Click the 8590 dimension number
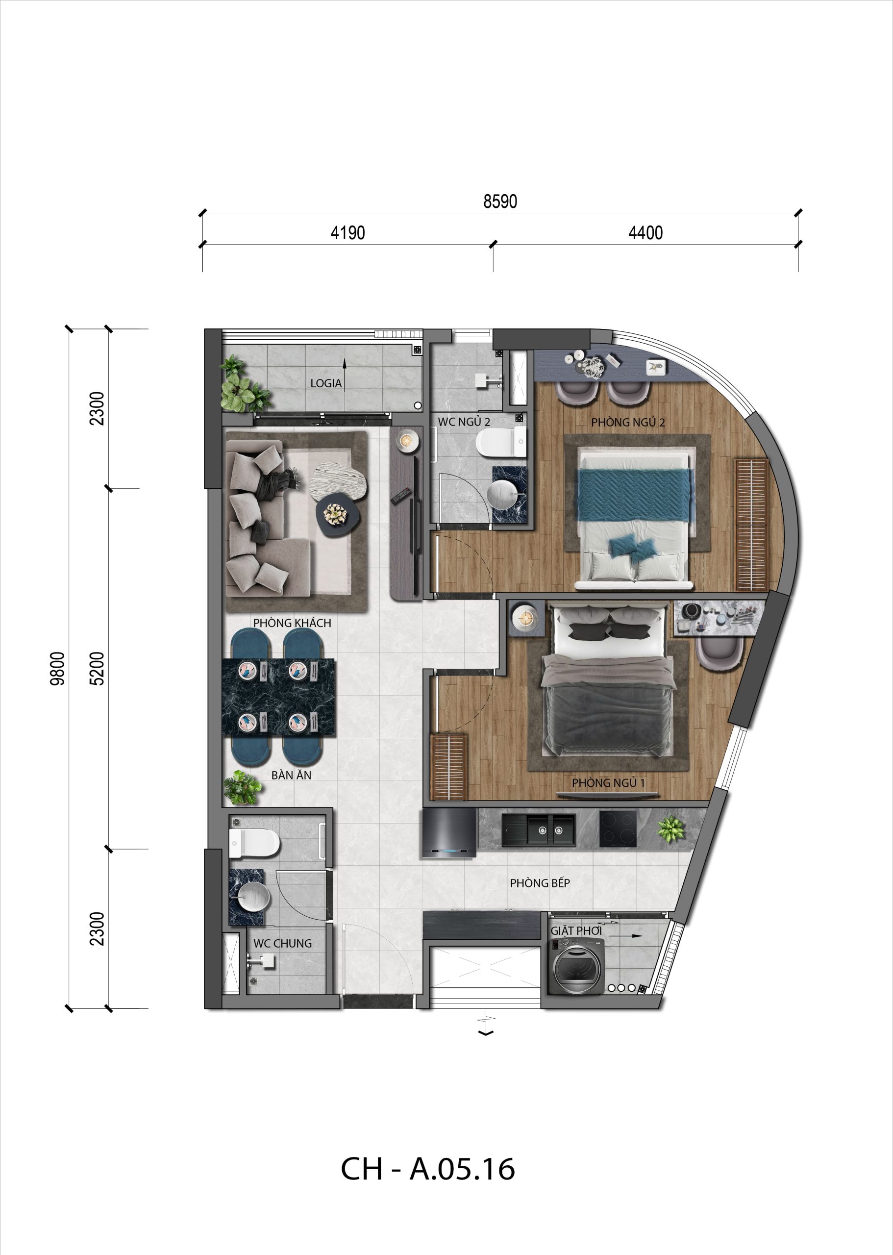click(500, 201)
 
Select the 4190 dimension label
click(347, 233)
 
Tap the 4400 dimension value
click(645, 233)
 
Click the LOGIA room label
click(325, 383)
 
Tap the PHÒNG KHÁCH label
click(292, 623)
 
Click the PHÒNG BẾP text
click(540, 883)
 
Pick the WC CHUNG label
click(282, 944)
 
